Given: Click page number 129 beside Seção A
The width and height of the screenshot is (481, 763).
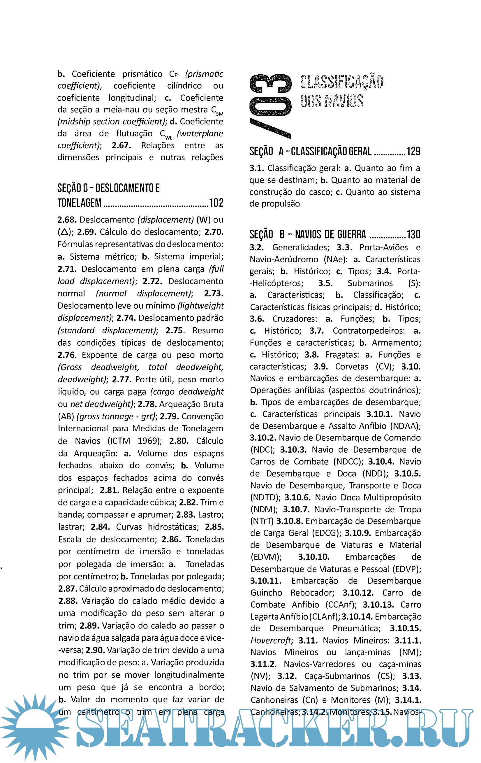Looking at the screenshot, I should (x=413, y=152).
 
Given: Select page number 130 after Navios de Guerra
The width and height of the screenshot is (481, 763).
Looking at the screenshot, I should (x=413, y=235).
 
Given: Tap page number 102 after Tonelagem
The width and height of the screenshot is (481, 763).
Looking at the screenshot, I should (x=216, y=203).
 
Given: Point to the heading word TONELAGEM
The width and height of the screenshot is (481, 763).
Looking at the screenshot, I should (x=80, y=203).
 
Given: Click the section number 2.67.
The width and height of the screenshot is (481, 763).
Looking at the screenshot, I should (x=121, y=145).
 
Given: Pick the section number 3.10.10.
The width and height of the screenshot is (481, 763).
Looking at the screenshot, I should (x=313, y=557).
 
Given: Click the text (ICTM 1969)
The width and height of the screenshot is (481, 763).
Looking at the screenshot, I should (x=135, y=441).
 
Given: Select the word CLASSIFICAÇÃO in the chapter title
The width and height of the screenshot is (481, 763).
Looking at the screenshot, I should (x=341, y=82).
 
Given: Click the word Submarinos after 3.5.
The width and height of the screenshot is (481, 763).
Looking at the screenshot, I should (x=370, y=283).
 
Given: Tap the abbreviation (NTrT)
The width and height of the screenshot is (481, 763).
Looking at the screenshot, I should (x=262, y=521).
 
